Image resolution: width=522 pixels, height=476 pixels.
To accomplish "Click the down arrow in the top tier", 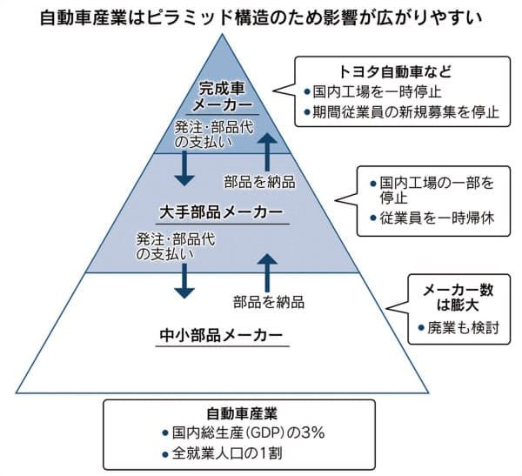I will point(184,168).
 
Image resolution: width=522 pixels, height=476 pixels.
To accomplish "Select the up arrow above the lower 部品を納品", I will point(269,269).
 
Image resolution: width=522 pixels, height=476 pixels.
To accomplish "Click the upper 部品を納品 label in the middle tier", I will point(260,182).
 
